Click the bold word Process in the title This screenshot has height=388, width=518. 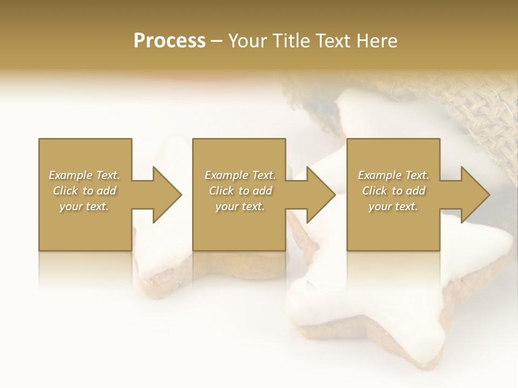pyautogui.click(x=169, y=41)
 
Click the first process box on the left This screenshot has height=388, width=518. pyautogui.click(x=85, y=226)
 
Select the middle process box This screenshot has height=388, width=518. pyautogui.click(x=239, y=226)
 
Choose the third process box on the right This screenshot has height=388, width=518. pyautogui.click(x=393, y=226)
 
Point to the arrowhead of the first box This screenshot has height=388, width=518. pyautogui.click(x=167, y=195)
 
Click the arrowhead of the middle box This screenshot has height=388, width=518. pyautogui.click(x=321, y=195)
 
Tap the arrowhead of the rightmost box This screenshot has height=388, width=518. pyautogui.click(x=475, y=195)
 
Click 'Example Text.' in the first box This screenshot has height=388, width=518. pyautogui.click(x=85, y=175)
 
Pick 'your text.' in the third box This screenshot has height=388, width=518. pyautogui.click(x=393, y=206)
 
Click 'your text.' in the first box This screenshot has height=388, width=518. pyautogui.click(x=84, y=206)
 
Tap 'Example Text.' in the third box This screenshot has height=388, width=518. pyautogui.click(x=393, y=175)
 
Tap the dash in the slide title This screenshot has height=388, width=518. pyautogui.click(x=216, y=41)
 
